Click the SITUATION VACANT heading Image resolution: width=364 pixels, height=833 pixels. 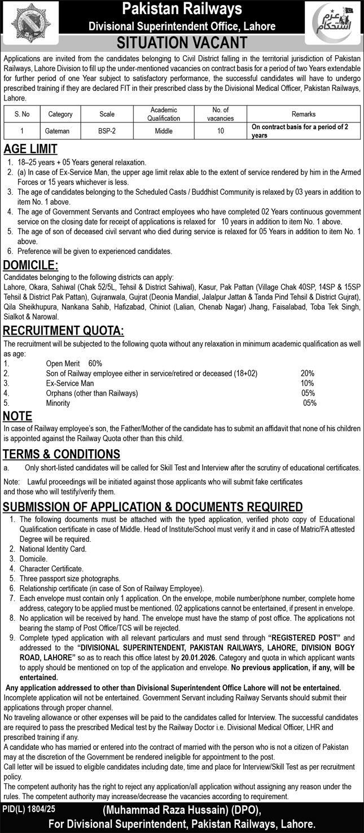coord(182,43)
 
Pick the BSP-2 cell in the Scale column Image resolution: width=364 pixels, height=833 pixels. coord(107,131)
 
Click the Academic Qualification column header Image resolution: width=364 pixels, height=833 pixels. coord(164,114)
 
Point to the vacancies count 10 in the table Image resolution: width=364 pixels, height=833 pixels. coord(221,131)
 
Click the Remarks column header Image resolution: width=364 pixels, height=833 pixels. coord(303,114)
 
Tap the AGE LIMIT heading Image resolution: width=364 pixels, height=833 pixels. coord(30,150)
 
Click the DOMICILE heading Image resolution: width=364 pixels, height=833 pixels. coord(30,266)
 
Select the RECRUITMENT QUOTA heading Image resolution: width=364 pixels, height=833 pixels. coord(64,331)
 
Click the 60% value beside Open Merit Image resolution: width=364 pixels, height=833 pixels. coord(95,363)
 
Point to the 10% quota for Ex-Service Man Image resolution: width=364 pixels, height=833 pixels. coord(307,383)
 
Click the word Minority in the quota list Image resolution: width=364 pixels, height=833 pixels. coord(58,403)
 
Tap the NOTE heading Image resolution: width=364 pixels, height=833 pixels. coord(17,417)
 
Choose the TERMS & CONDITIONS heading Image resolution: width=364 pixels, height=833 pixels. coord(62,454)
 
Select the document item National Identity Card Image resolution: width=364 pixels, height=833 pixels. coord(52,549)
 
